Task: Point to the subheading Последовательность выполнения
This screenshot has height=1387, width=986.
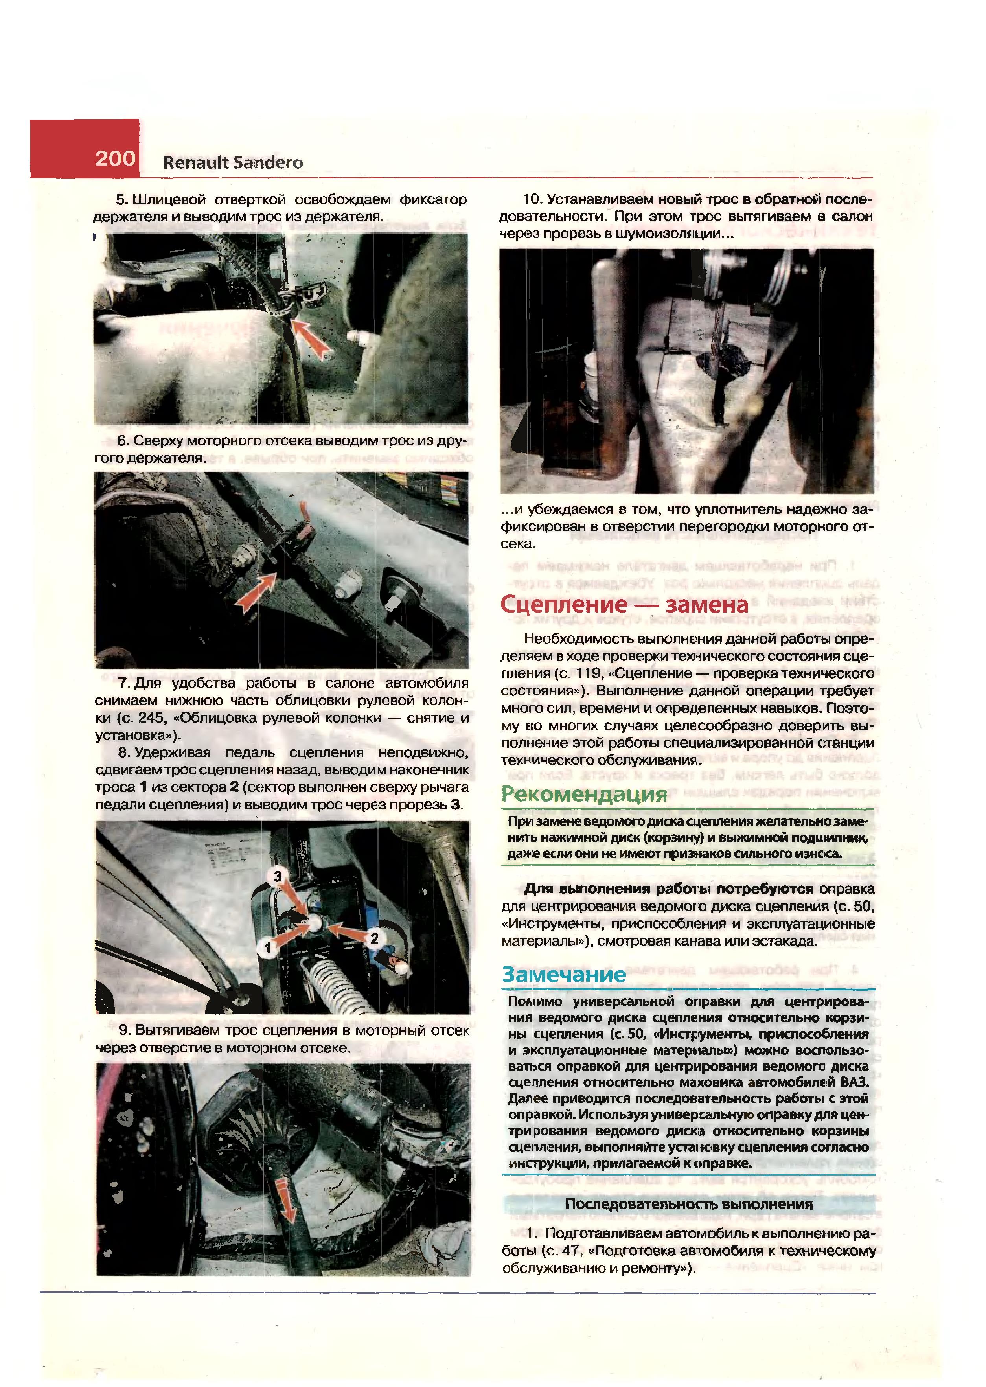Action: (688, 1204)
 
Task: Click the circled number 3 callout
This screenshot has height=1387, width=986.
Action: (278, 876)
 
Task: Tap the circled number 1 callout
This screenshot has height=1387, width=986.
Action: (267, 948)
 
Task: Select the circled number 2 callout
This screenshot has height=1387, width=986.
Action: (375, 938)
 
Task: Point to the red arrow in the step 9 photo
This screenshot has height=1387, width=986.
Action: (284, 1199)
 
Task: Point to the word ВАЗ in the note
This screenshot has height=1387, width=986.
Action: (854, 1082)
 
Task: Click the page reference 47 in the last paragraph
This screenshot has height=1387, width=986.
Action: (572, 1251)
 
